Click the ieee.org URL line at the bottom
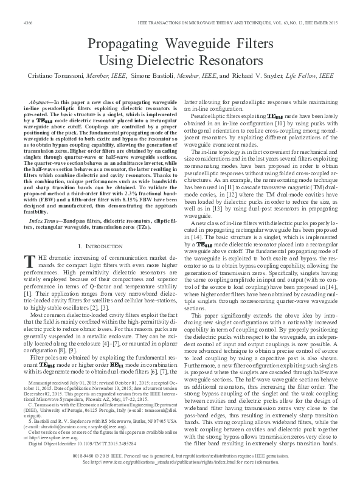pyautogui.click(x=179, y=462)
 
